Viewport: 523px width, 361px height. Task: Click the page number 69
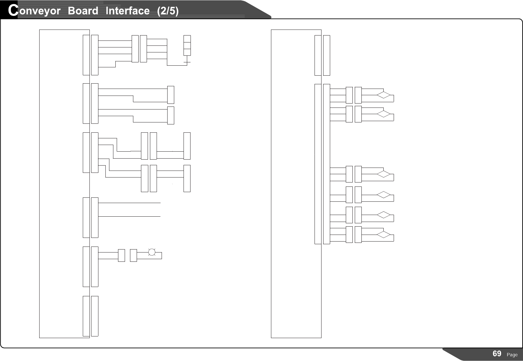pyautogui.click(x=497, y=354)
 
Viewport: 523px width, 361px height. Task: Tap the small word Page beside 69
pyautogui.click(x=512, y=355)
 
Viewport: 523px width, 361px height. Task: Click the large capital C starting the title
pyautogui.click(x=13, y=11)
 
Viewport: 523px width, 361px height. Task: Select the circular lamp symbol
pyautogui.click(x=152, y=252)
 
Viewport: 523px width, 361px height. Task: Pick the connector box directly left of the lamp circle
pyautogui.click(x=133, y=255)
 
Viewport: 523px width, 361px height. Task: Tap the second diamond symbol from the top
pyautogui.click(x=384, y=114)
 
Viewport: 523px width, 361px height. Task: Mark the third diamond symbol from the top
pyautogui.click(x=384, y=174)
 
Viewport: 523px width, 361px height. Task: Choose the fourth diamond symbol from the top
pyautogui.click(x=384, y=195)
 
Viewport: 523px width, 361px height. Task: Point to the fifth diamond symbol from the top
pyautogui.click(x=384, y=215)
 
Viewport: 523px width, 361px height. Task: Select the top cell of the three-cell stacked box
pyautogui.click(x=187, y=38)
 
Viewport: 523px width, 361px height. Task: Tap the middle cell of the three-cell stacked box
pyautogui.click(x=187, y=45)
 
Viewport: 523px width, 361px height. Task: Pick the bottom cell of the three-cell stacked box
pyautogui.click(x=187, y=52)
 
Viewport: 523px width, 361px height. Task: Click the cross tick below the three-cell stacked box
pyautogui.click(x=187, y=62)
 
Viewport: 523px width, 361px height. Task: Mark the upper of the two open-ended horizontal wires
pyautogui.click(x=129, y=202)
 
